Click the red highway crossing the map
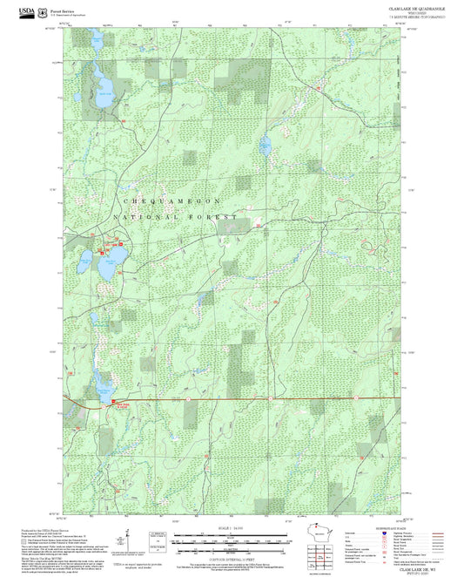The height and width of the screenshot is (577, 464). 261,400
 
